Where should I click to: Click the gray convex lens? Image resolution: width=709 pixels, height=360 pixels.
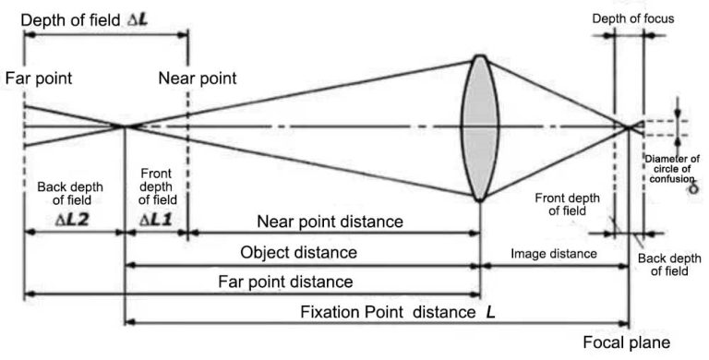point(479,127)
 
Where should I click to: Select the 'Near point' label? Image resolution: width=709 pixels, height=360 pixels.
point(197,78)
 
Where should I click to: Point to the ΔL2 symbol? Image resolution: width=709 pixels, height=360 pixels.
point(67,222)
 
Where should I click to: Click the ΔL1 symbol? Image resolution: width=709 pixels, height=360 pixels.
point(156,222)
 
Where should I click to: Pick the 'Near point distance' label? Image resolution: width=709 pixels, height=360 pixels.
point(330,222)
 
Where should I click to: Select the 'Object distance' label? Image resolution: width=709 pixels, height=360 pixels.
point(298,252)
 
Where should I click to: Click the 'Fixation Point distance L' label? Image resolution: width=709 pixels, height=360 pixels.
point(398,312)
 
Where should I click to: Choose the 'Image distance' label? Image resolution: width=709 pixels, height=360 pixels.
point(554,252)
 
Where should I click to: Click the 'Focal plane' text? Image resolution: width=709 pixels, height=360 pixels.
point(627,343)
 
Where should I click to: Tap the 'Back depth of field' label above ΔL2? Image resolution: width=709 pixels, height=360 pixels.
point(70,197)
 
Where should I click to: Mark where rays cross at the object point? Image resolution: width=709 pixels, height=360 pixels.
point(125,126)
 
